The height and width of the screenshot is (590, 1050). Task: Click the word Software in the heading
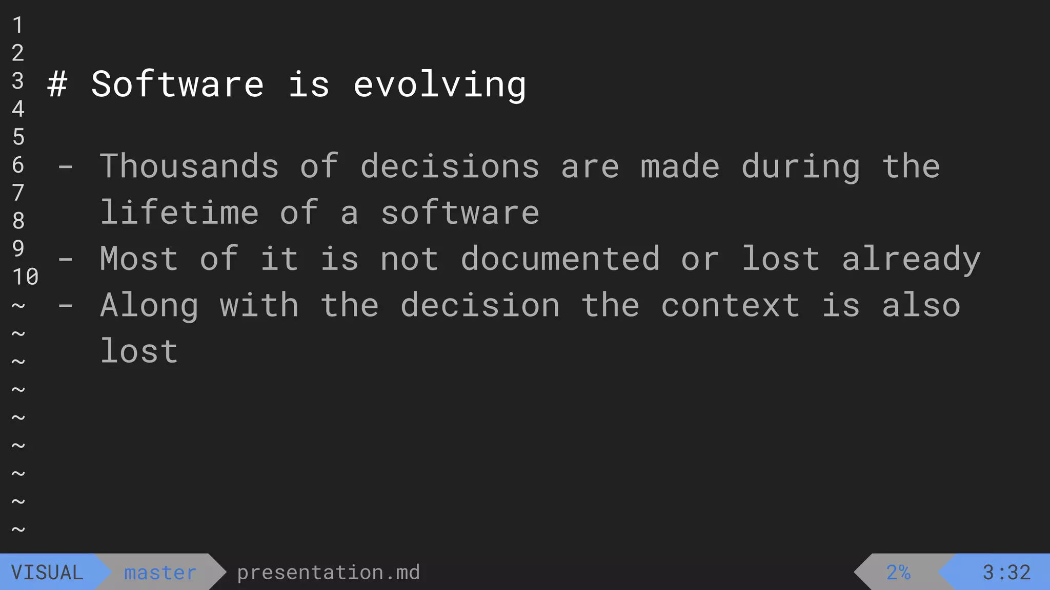[x=177, y=85]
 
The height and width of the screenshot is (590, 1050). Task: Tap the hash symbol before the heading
[x=57, y=85]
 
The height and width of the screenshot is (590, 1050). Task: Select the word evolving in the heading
[x=439, y=85]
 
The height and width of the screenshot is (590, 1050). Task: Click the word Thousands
[x=189, y=166]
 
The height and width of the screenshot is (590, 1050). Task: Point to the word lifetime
[x=179, y=213]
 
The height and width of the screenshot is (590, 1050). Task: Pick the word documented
[x=560, y=259]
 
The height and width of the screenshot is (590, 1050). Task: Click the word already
[x=911, y=260]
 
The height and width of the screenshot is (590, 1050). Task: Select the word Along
[x=149, y=306]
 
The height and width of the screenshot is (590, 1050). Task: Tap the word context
[x=730, y=306]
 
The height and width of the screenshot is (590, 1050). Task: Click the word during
[x=801, y=167]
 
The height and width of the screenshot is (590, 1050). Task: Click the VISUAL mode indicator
[x=47, y=573]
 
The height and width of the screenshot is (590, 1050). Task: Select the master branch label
[x=160, y=573]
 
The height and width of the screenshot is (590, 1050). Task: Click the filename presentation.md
[x=328, y=573]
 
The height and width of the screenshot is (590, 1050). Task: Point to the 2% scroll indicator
[x=898, y=573]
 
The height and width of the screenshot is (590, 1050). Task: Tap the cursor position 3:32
[x=1006, y=573]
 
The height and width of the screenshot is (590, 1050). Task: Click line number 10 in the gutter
[x=25, y=277]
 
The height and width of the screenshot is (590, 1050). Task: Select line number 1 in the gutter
[x=18, y=25]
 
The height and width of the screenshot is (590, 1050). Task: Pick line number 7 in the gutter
[x=18, y=193]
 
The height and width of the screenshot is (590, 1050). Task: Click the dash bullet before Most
[x=65, y=260]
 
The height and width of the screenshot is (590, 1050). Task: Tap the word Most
[x=139, y=259]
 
